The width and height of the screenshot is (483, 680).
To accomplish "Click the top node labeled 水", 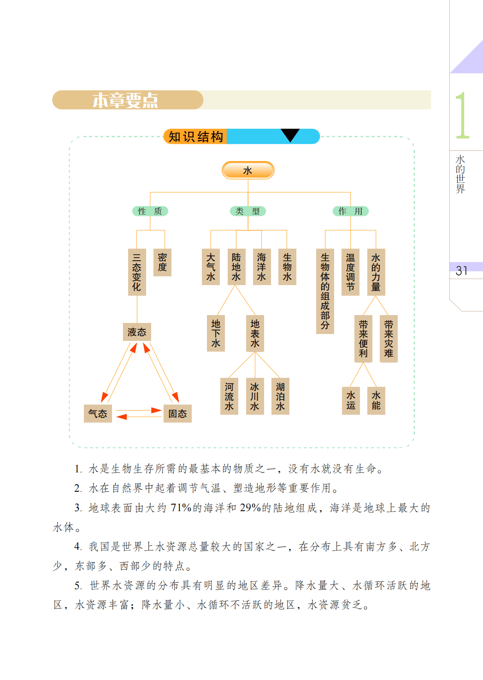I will [x=248, y=170].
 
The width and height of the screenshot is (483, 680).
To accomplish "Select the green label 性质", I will [x=150, y=211].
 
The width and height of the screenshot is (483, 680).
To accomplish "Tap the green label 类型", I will [x=247, y=211].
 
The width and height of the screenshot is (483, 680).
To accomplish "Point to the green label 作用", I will [x=350, y=211].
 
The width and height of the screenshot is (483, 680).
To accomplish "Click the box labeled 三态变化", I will [x=137, y=272].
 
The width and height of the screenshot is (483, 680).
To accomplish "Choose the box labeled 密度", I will [x=162, y=262].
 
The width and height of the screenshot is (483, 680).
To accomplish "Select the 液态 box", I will [x=137, y=332].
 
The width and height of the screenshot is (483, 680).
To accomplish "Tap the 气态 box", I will [x=98, y=413].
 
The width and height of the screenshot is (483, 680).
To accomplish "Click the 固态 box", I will [x=177, y=413].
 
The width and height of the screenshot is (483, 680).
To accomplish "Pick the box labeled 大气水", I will [x=211, y=267].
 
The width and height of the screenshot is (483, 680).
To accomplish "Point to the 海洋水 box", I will [x=262, y=267].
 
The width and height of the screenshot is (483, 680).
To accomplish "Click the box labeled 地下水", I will [x=216, y=334].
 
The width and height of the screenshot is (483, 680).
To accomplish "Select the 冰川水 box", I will [x=254, y=396].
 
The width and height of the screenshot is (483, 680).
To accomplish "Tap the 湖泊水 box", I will [x=280, y=396].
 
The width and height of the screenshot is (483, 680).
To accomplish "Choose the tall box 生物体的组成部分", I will [x=325, y=291].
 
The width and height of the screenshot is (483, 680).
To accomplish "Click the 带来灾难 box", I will [x=389, y=339].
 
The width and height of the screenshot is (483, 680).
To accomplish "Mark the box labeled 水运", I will [x=351, y=400].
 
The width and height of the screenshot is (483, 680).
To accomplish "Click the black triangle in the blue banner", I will [x=290, y=135].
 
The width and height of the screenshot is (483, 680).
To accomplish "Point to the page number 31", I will [x=461, y=271].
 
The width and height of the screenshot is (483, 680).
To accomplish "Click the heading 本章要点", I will [x=125, y=100].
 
